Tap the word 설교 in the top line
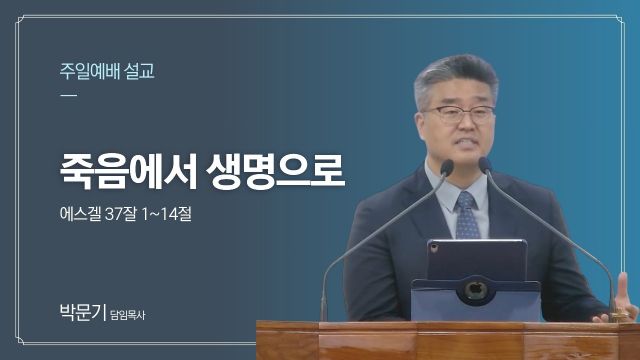click(x=140, y=71)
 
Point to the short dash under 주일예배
click(x=68, y=96)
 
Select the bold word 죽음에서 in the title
click(x=129, y=171)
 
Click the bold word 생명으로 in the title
click(x=276, y=171)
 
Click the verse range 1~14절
click(x=167, y=213)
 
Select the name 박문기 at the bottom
click(x=83, y=312)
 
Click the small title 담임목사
click(x=128, y=315)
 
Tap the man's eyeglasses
click(x=458, y=114)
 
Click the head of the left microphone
click(x=447, y=167)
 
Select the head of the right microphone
click(x=484, y=165)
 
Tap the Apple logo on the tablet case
click(x=475, y=290)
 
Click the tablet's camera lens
click(x=434, y=247)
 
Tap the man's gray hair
click(x=455, y=78)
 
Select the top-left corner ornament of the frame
click(x=20, y=20)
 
